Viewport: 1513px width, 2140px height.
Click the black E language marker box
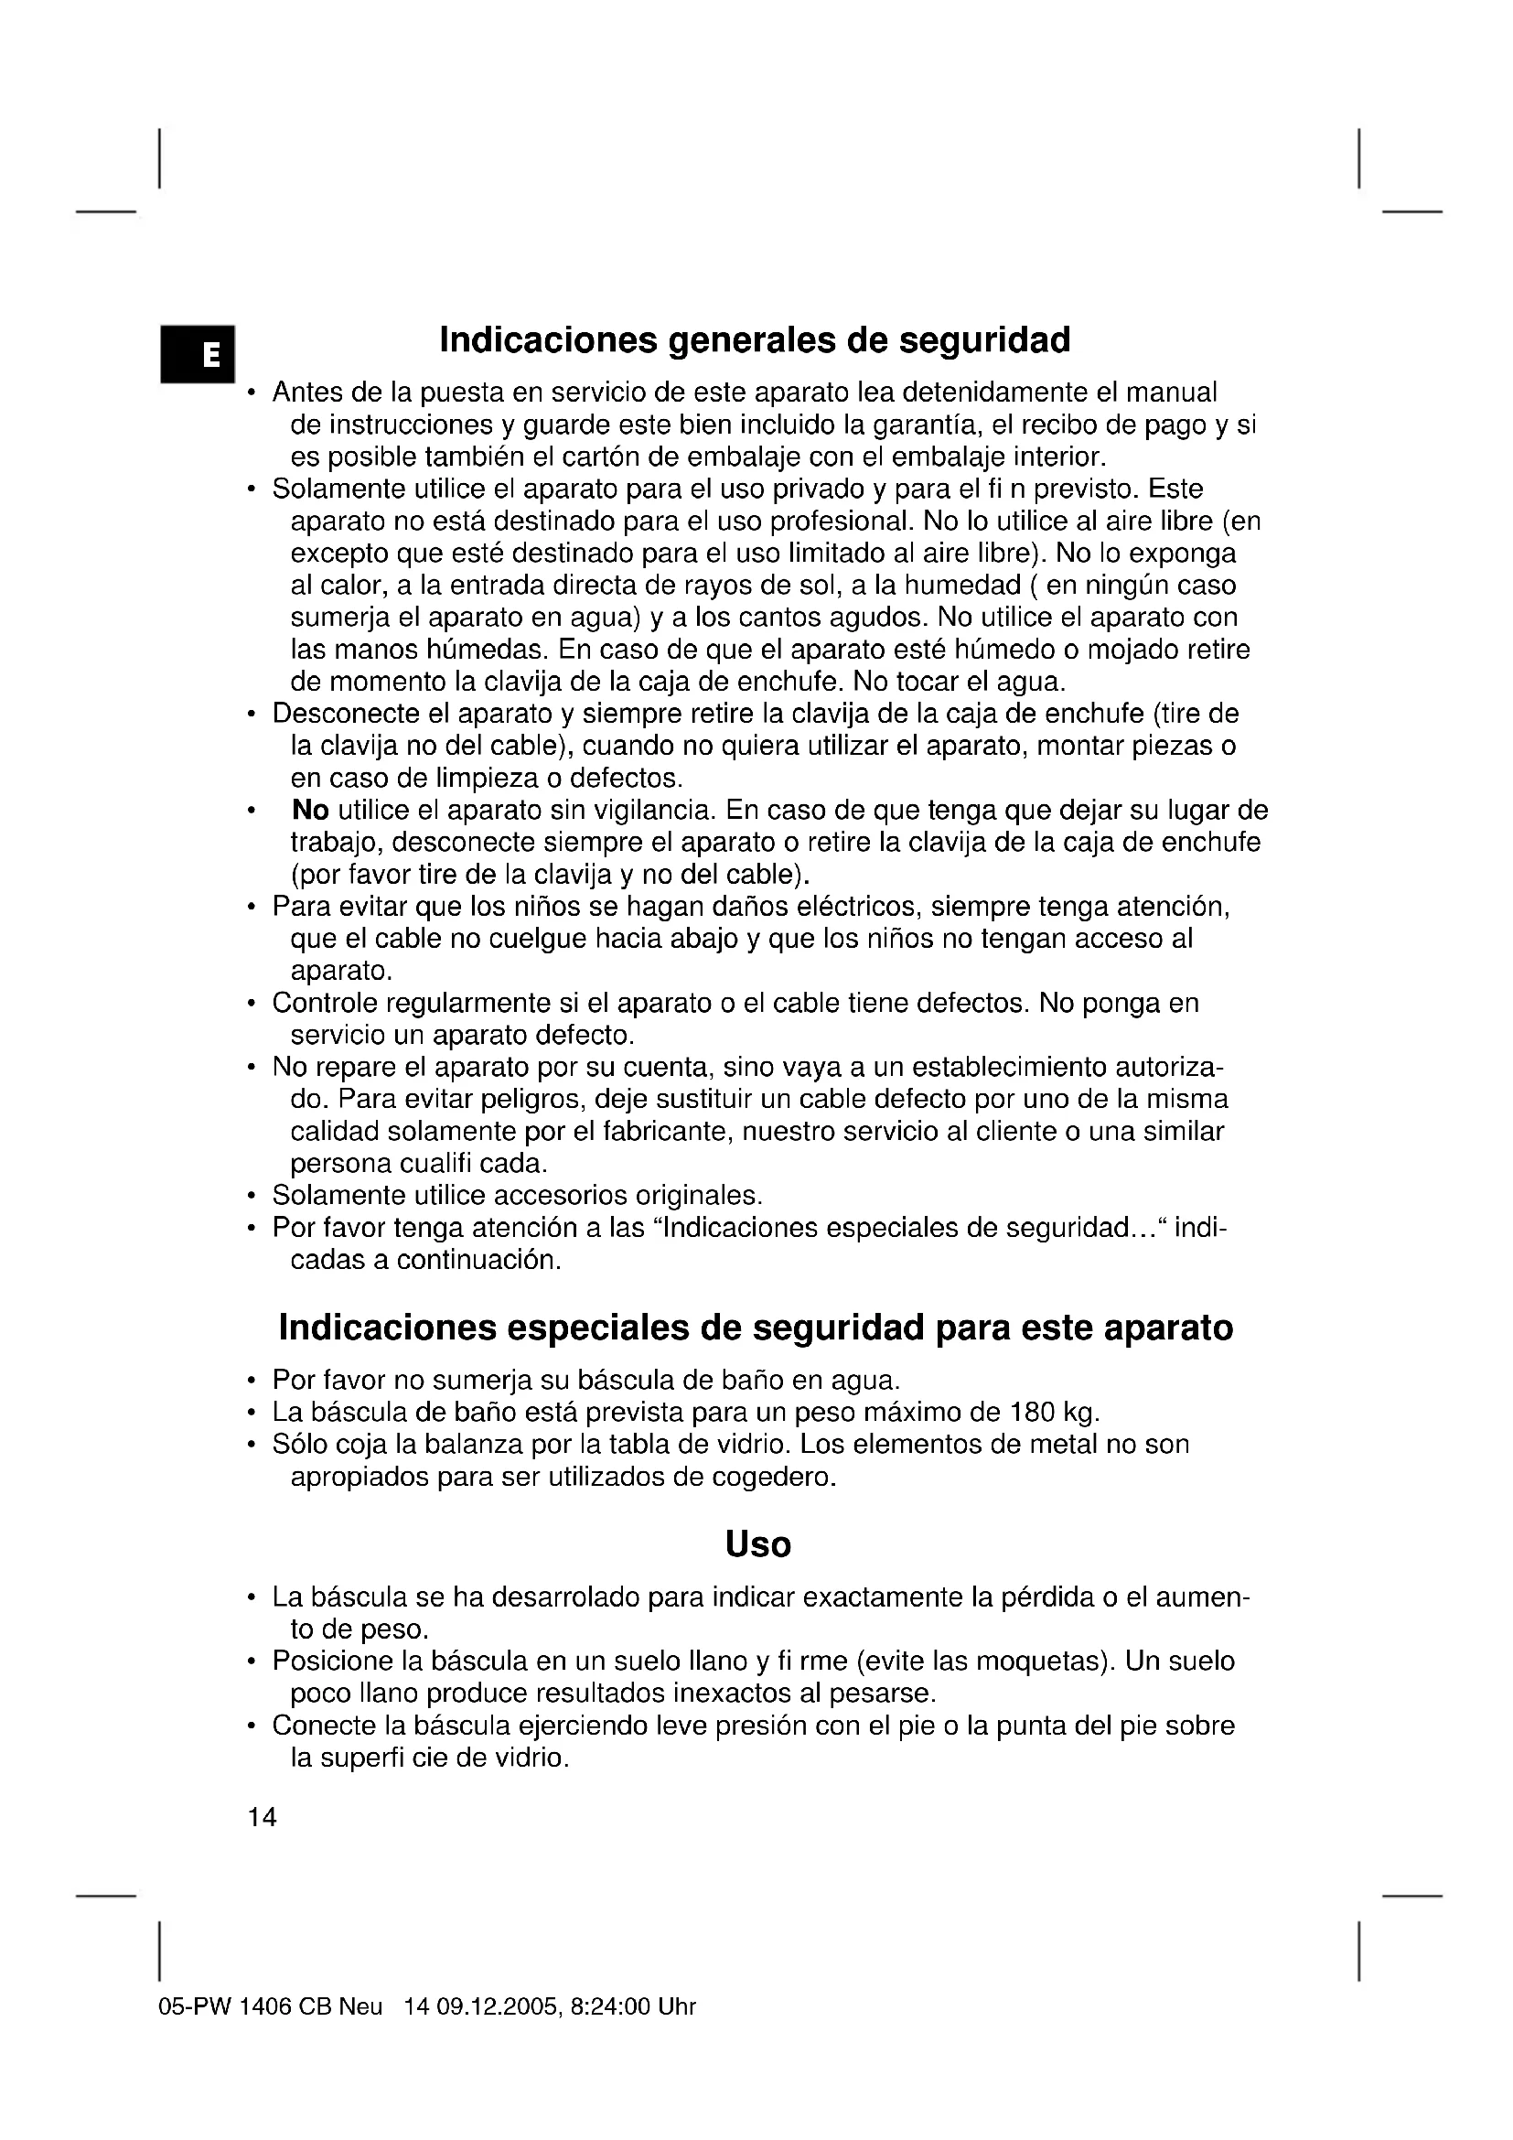(198, 353)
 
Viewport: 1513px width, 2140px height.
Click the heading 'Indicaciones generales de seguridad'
(755, 340)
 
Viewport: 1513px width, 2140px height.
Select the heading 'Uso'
(757, 1544)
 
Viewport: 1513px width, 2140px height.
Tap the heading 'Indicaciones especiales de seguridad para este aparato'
(756, 1328)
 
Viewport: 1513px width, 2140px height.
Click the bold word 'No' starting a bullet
(310, 810)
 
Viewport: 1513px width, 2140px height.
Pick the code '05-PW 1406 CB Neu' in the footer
(270, 2006)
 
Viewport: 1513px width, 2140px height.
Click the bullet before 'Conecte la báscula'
(252, 1726)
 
